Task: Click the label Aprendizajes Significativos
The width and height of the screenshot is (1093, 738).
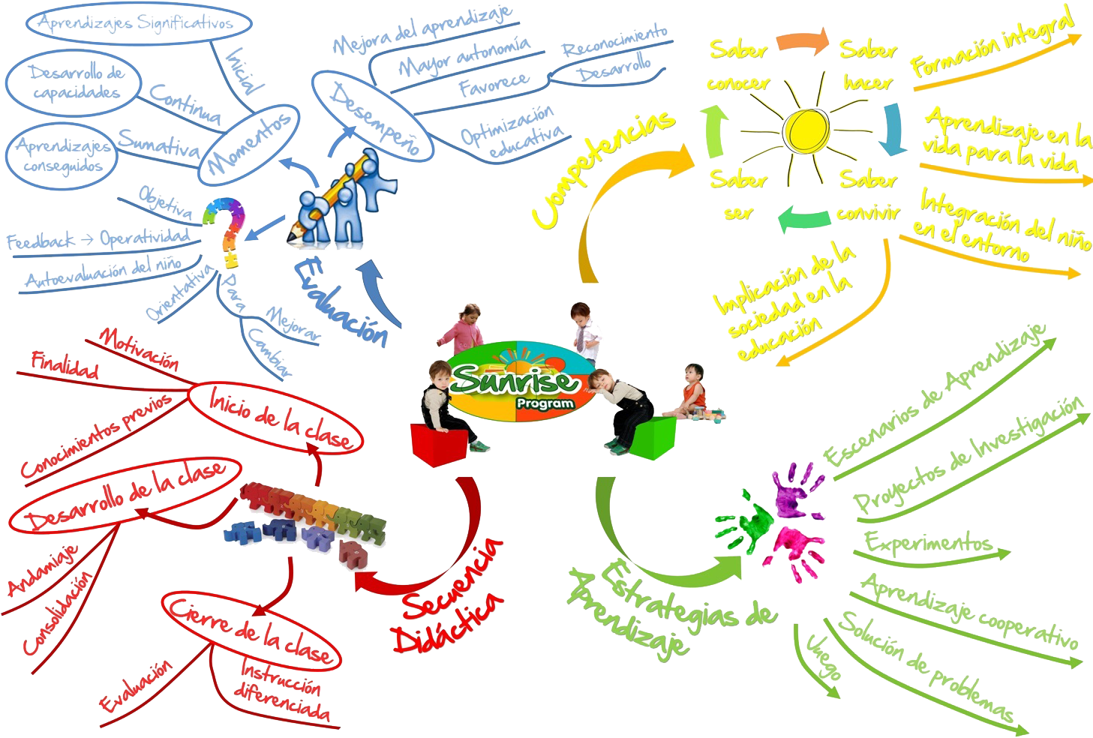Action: coord(135,23)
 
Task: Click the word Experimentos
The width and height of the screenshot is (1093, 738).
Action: coord(927,542)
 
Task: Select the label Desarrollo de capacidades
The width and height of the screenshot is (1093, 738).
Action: coord(75,82)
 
